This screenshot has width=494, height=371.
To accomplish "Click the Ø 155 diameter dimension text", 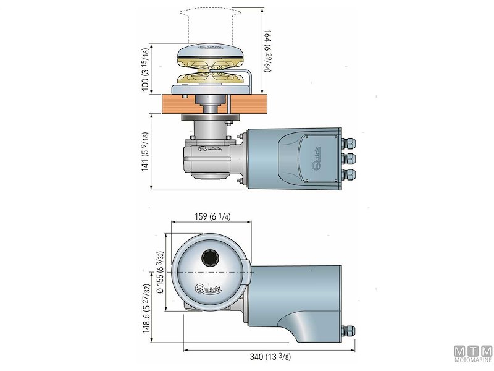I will (162, 272).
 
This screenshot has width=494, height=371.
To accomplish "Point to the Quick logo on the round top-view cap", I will (211, 287).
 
